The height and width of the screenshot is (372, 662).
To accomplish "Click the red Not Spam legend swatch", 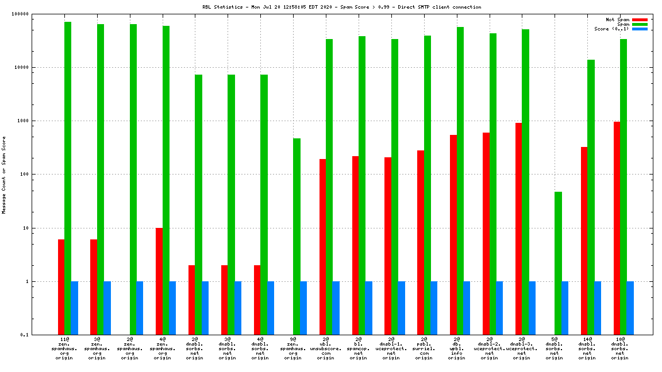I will pos(640,20).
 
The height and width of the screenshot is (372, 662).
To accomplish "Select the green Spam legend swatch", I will pos(640,24).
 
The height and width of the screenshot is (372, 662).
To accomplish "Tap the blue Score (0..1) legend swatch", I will pos(640,29).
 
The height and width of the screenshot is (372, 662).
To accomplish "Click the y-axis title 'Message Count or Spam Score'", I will pos(4,175).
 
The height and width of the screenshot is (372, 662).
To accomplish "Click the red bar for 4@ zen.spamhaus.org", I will pos(159,281).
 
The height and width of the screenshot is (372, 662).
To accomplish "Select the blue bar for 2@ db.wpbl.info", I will pos(467,308).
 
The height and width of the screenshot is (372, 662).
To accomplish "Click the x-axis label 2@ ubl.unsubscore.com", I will pos(326,348).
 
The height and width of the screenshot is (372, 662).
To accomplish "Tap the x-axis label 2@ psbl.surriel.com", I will pos(424,348).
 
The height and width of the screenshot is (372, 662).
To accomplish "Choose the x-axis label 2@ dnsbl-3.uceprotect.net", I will pos(522,348).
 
